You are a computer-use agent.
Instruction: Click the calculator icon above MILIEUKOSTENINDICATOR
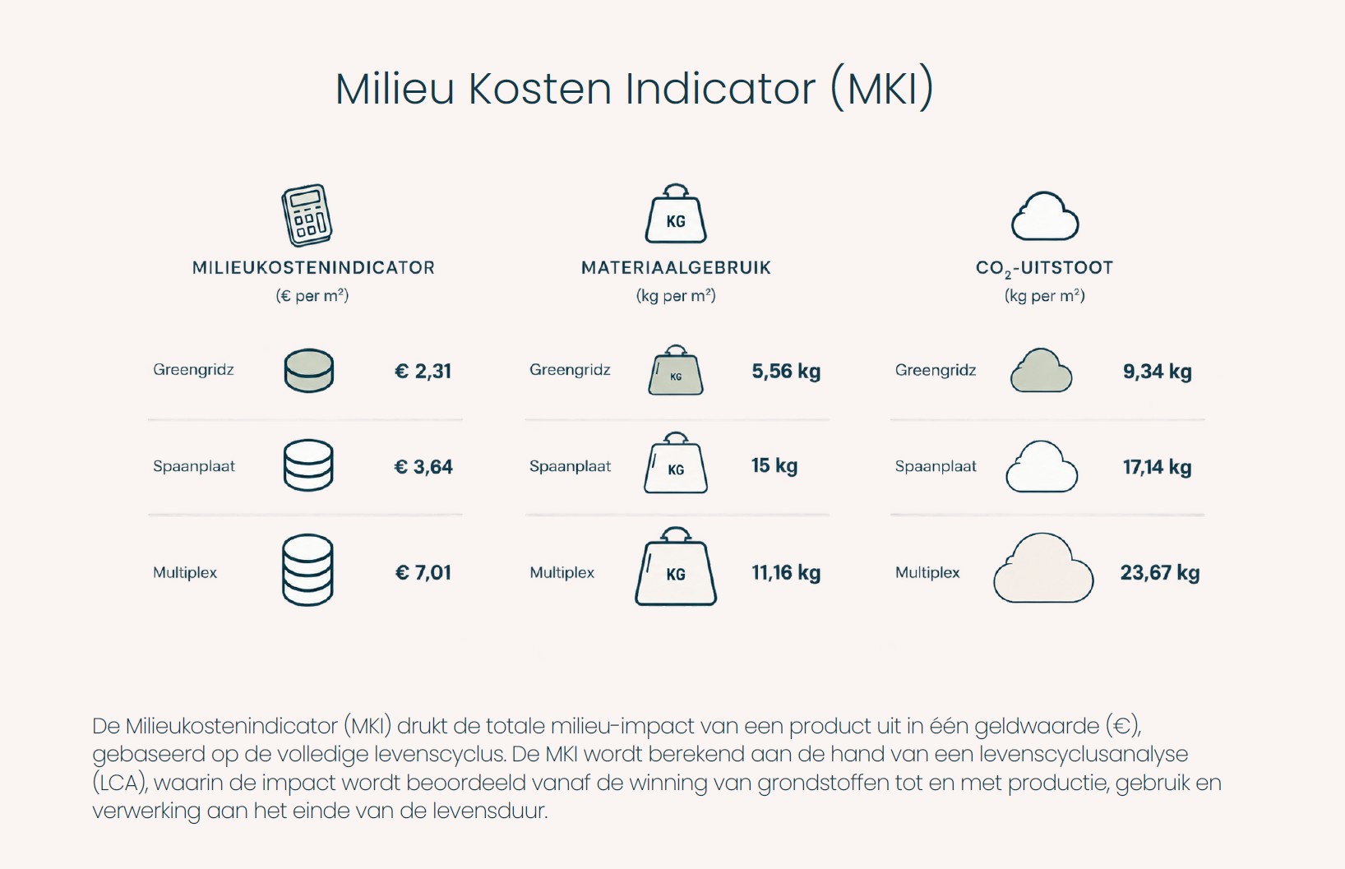307,215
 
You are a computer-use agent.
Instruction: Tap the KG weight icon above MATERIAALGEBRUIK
676,213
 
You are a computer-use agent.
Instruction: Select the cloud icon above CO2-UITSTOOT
1045,216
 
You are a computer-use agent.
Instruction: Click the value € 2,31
423,371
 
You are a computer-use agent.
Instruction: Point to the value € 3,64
423,467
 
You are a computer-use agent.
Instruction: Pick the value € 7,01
423,572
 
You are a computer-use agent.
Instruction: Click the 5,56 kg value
786,371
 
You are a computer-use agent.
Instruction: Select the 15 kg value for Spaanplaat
774,465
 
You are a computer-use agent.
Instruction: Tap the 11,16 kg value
786,572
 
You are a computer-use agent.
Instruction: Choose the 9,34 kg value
1157,371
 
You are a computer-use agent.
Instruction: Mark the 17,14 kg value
1157,467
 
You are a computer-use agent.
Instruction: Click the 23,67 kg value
1160,572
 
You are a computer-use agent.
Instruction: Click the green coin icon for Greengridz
308,371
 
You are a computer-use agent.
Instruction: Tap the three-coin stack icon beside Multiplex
307,570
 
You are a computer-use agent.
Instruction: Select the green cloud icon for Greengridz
1041,370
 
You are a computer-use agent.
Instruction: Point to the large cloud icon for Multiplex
1043,568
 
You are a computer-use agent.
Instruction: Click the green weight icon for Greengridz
676,370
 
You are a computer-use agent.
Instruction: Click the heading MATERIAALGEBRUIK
676,268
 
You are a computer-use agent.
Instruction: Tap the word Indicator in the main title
720,89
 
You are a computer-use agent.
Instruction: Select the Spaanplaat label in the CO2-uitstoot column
936,467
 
